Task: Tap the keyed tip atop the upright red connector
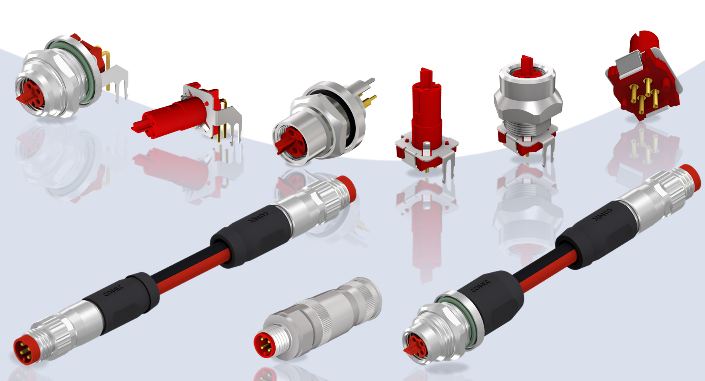tap(426, 76)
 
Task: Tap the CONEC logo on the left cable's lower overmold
tap(114, 291)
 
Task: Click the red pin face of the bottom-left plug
tap(24, 351)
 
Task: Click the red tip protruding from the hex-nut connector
tap(527, 64)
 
